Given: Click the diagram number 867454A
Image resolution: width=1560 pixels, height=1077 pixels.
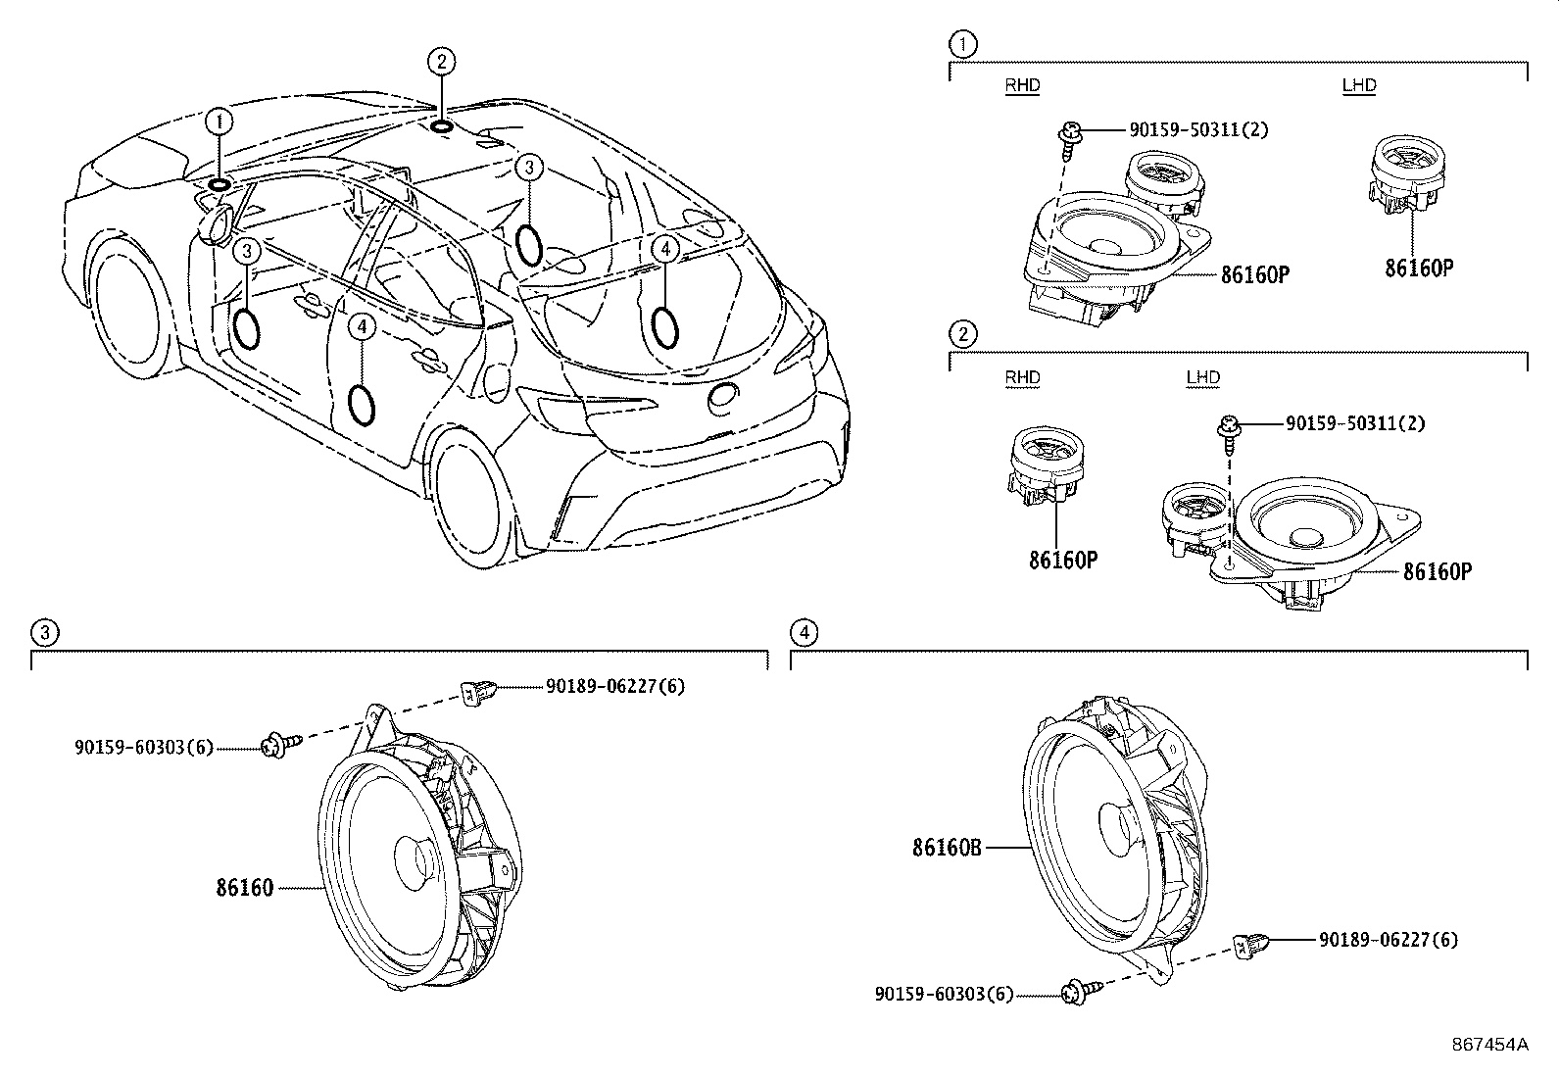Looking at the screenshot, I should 1489,1045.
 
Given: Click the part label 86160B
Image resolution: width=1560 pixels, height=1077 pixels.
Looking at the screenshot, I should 946,848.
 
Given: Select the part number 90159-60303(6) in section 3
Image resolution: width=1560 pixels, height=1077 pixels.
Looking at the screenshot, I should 143,747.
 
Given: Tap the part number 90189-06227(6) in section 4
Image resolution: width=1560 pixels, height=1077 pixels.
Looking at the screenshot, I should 1388,940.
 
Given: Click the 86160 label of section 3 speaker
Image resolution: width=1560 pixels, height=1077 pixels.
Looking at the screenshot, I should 245,888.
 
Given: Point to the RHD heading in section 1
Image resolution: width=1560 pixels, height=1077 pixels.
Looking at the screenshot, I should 1022,85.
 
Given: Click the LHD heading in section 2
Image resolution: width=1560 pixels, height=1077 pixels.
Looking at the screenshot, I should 1202,377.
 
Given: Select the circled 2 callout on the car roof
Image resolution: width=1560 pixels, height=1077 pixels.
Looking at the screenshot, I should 441,63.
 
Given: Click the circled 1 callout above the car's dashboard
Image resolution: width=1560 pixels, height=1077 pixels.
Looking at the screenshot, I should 220,122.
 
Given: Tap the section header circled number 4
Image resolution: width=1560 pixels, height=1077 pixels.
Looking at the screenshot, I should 804,632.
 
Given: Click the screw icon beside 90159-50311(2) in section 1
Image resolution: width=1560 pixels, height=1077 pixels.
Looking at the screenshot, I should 1072,134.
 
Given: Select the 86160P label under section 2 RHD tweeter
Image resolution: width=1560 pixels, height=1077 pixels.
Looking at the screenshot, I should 1062,561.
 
